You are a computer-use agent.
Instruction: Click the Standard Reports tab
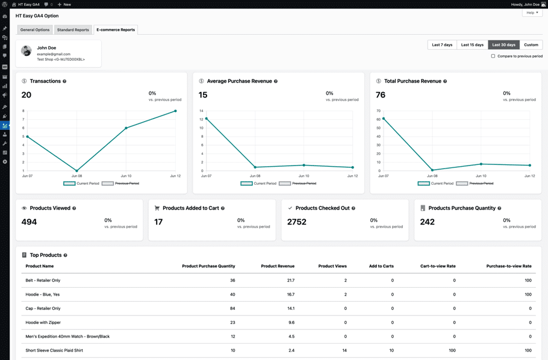pos(73,29)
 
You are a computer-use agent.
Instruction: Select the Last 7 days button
pos(442,45)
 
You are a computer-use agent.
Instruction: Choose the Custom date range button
pos(531,45)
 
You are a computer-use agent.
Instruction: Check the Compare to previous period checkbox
pos(493,56)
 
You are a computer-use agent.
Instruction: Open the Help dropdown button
pos(532,13)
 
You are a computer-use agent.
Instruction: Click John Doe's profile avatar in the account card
pos(26,51)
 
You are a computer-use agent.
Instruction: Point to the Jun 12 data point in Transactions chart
pos(176,111)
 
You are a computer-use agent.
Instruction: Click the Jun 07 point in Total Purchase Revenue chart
pos(384,119)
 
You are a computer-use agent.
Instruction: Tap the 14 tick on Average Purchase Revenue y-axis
pos(201,111)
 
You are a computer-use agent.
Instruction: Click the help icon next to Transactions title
pos(64,81)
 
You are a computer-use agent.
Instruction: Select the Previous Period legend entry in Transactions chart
pos(121,183)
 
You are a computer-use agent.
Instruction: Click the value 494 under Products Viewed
pos(29,222)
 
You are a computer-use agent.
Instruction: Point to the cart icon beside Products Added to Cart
pos(157,208)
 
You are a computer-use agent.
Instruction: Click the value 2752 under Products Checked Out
pos(297,222)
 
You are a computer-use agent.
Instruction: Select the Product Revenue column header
pos(278,265)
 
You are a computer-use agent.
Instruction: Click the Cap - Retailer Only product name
pos(43,308)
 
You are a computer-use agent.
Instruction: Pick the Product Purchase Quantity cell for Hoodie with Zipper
pos(232,322)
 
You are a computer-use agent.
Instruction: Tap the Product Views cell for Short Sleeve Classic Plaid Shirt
pos(344,350)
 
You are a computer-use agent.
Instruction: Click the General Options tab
pos(35,29)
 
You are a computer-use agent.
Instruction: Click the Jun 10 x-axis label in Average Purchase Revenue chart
pos(304,176)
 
